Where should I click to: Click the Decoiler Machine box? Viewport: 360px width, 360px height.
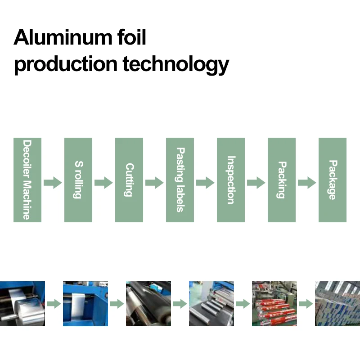27,180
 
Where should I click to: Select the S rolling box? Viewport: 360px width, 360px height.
78,180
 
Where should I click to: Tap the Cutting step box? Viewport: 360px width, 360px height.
129,180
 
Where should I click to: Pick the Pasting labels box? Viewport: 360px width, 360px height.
180,180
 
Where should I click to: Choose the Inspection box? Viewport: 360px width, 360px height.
231,180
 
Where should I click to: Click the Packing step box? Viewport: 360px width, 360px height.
282,180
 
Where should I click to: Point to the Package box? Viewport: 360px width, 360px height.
333,180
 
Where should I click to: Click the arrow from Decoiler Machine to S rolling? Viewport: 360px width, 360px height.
53,183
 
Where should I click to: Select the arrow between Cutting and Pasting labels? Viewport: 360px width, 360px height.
154,183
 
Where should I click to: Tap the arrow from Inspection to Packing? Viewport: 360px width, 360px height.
256,183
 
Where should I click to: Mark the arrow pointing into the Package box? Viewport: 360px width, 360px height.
307,183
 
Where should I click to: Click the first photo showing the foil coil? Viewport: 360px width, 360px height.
22,304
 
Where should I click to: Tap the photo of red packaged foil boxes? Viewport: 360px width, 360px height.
274,304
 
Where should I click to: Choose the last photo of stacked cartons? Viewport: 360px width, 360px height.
337,304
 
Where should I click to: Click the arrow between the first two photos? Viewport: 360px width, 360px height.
54,304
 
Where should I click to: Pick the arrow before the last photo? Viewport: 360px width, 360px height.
306,304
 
